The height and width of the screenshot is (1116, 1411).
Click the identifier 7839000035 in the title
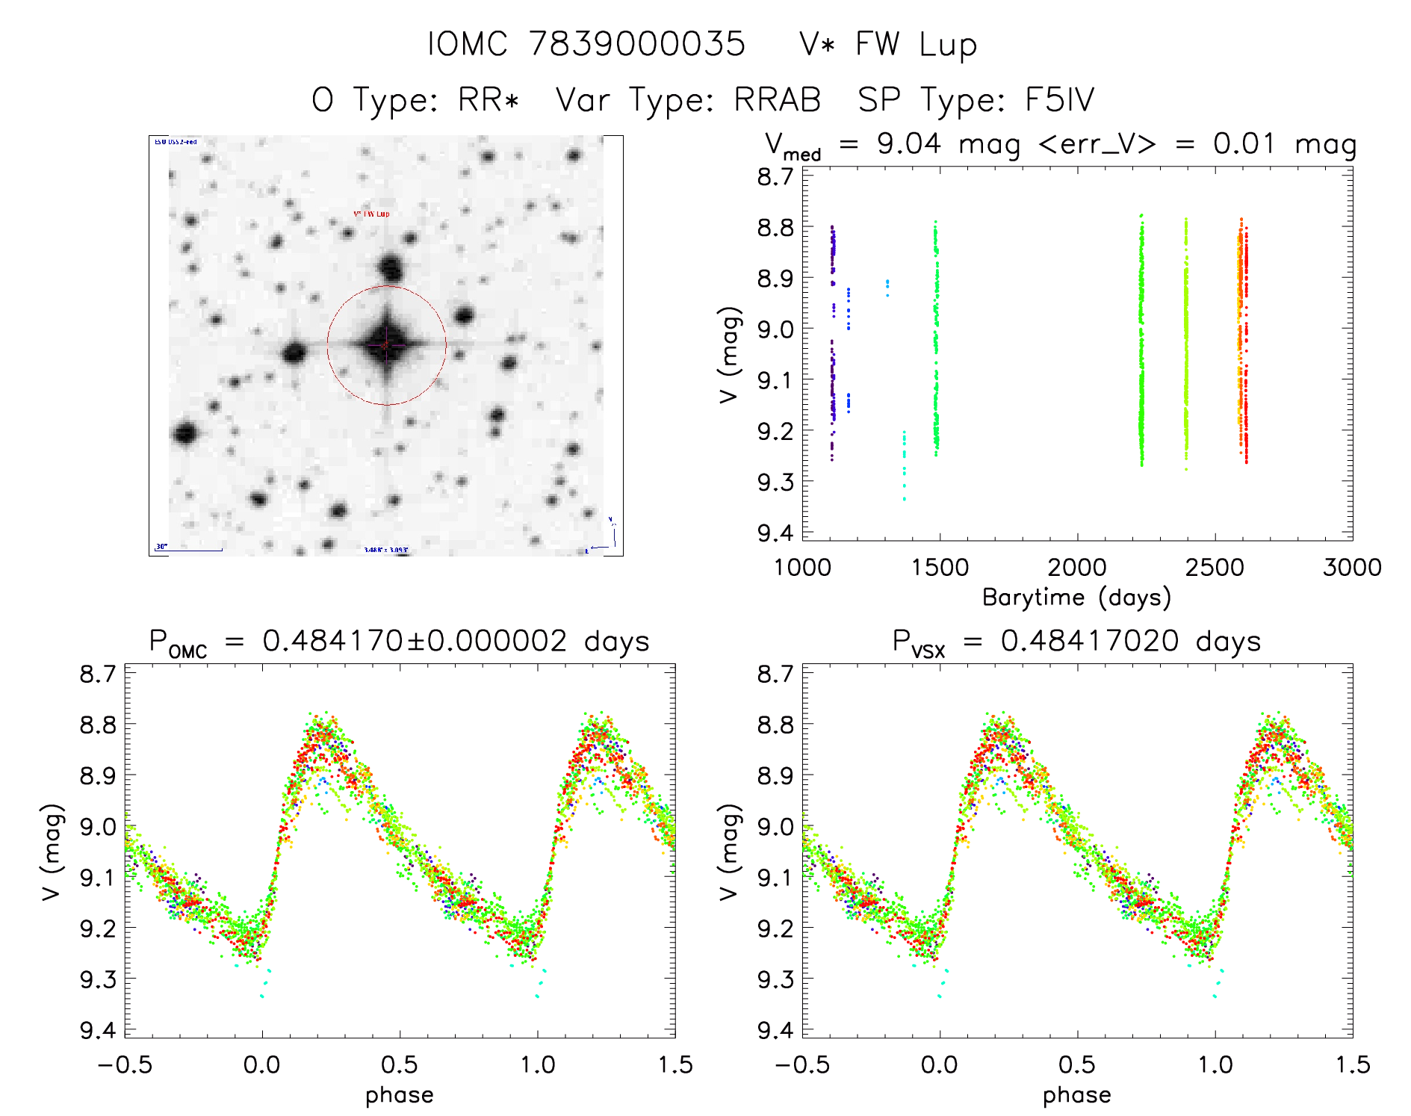pyautogui.click(x=637, y=44)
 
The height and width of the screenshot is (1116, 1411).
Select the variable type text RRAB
pyautogui.click(x=778, y=100)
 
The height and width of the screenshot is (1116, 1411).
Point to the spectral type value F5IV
pyautogui.click(x=1059, y=100)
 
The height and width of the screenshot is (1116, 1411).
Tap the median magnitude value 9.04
pyautogui.click(x=909, y=143)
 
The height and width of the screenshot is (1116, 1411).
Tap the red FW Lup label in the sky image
pyautogui.click(x=371, y=214)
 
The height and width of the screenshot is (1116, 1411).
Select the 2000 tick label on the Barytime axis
pyautogui.click(x=1076, y=568)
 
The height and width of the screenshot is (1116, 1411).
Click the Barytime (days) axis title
pyautogui.click(x=1076, y=598)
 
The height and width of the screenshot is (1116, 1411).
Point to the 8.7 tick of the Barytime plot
pyautogui.click(x=775, y=177)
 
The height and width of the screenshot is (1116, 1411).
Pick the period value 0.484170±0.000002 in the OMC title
pyautogui.click(x=415, y=642)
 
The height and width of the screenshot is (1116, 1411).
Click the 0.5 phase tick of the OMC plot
pyautogui.click(x=399, y=1064)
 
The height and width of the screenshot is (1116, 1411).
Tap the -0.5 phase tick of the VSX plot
pyautogui.click(x=802, y=1064)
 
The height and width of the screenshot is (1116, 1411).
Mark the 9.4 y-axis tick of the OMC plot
pyautogui.click(x=99, y=1031)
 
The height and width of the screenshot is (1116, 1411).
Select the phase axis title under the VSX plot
pyautogui.click(x=1076, y=1095)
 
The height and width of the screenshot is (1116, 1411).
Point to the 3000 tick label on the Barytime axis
pyautogui.click(x=1352, y=568)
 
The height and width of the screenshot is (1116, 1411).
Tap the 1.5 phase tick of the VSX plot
pyautogui.click(x=1352, y=1064)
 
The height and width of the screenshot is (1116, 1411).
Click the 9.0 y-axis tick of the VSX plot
pyautogui.click(x=775, y=827)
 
